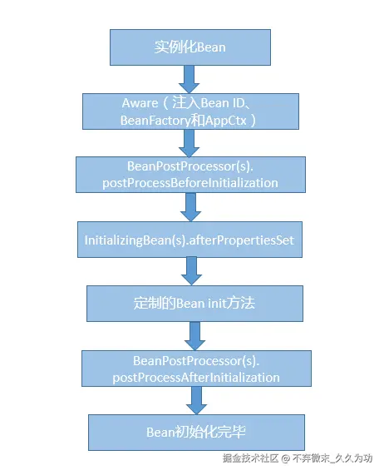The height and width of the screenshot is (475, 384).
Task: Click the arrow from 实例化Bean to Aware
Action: [190, 78]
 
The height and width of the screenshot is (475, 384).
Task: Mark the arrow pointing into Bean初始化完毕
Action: [196, 400]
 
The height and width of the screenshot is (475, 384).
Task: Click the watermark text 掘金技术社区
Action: [249, 458]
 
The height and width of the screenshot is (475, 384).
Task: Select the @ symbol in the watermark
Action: [284, 458]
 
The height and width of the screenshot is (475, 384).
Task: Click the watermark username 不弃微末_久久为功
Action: [331, 458]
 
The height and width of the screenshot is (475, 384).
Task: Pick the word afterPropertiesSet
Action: [250, 240]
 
